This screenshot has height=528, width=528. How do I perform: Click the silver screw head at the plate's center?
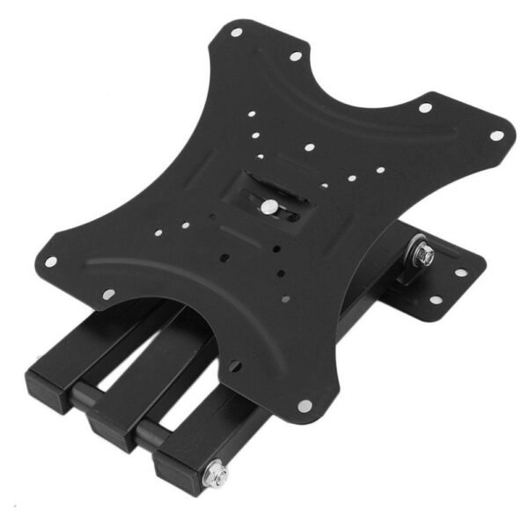point(268,208)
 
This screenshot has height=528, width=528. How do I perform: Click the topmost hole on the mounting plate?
point(236,33)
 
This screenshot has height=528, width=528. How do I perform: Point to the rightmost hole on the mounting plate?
point(496,136)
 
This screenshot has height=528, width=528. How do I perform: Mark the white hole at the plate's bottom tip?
point(304,406)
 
